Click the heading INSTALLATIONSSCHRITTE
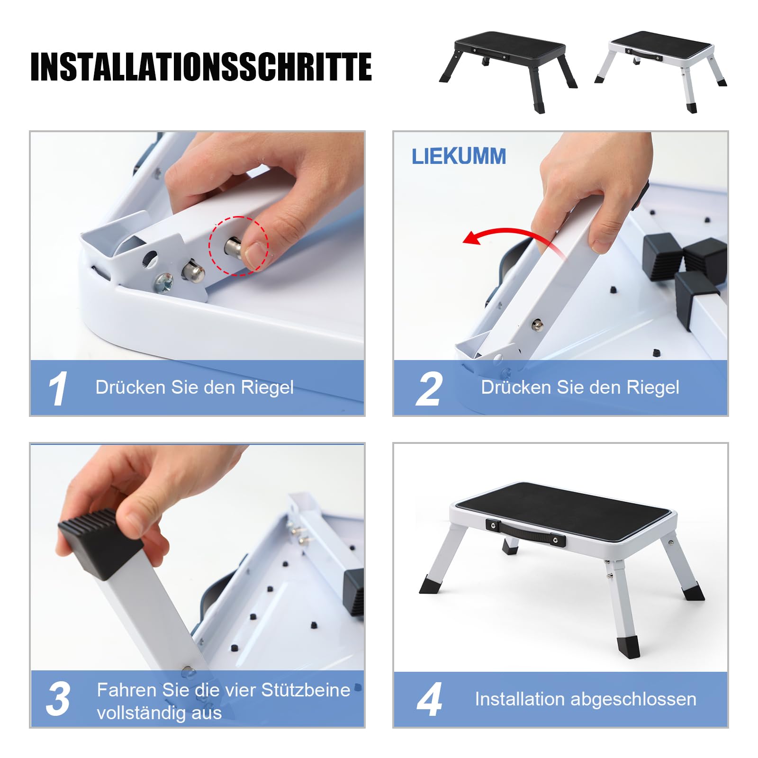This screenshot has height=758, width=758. pos(201,67)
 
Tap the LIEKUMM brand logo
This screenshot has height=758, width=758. pos(458,157)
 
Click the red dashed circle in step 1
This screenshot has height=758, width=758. pos(238,245)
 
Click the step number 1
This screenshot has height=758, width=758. pos(58,388)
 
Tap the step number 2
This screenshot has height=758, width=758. pos(429,389)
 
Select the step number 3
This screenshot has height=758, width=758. pos(58,699)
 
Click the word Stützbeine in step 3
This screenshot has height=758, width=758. pos(306,690)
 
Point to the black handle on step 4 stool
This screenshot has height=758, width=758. pos(525,532)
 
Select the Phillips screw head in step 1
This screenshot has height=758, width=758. pos(163,283)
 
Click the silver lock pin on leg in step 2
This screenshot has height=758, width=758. pos(537,325)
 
